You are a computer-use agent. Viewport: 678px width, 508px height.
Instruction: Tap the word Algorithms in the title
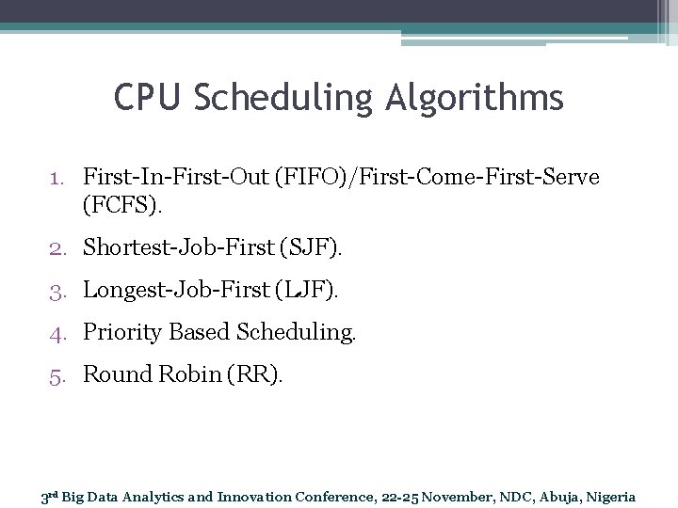coord(481,98)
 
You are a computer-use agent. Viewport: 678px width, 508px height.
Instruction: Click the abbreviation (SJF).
coord(313,248)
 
